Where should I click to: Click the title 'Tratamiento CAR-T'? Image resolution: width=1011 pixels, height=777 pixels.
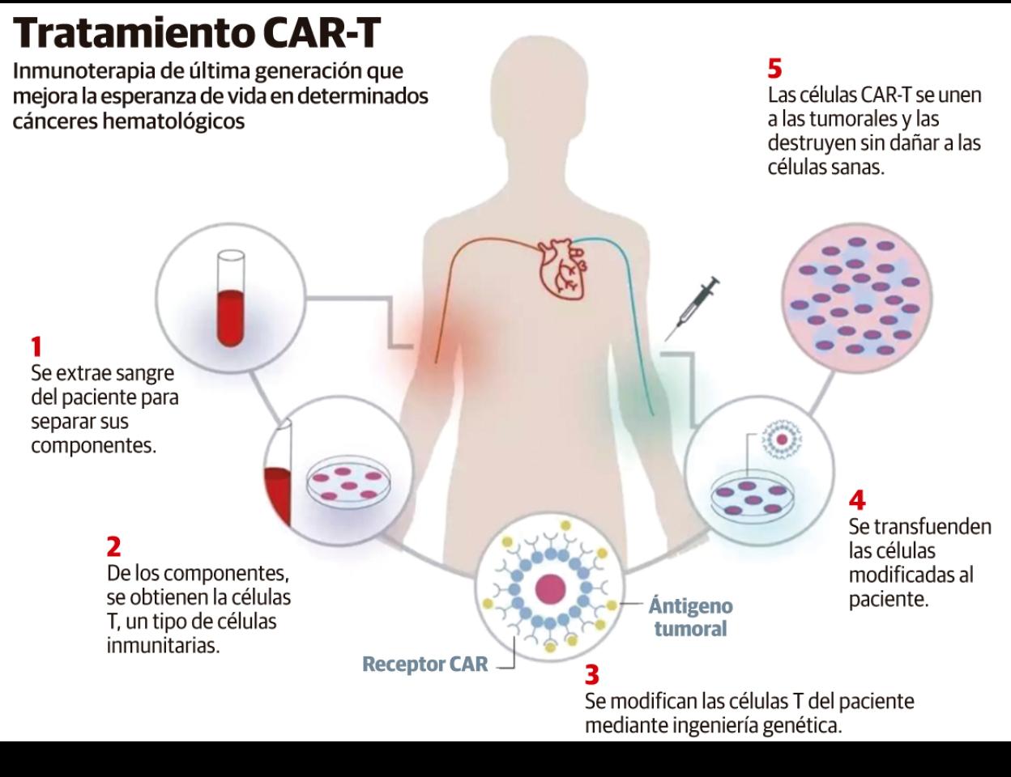198,33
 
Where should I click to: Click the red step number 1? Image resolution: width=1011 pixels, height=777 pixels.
36,347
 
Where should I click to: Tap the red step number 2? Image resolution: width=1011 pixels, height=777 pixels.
113,547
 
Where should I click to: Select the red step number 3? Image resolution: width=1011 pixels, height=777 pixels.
591,674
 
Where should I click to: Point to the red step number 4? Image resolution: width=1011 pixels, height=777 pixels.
856,499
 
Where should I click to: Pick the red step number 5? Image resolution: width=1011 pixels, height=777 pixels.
774,68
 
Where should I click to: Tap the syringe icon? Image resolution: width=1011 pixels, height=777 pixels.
693,308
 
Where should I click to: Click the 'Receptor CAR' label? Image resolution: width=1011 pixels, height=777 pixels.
424,664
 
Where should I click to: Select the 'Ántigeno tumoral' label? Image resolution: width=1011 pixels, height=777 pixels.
690,617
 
